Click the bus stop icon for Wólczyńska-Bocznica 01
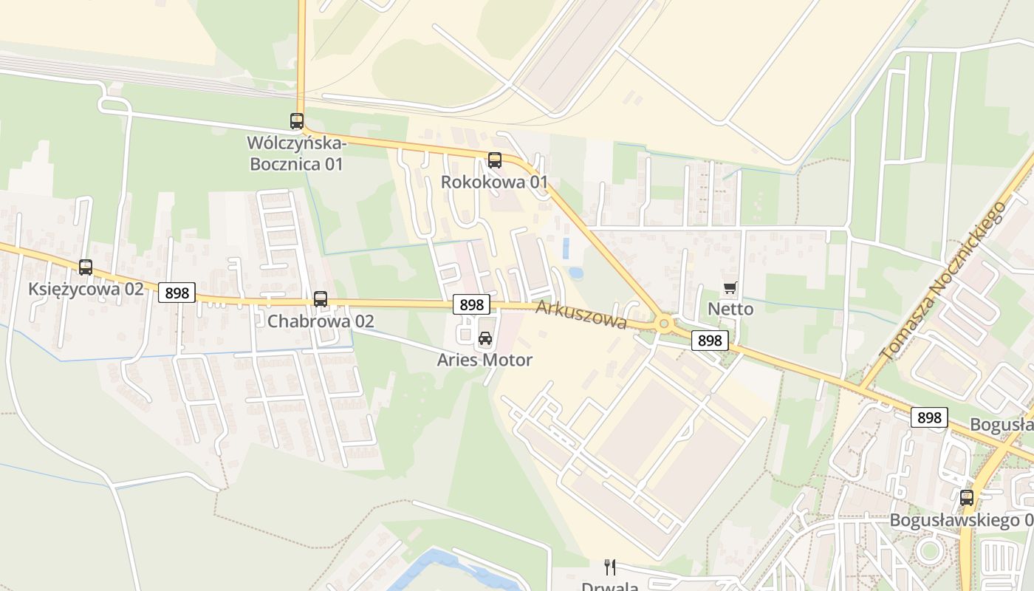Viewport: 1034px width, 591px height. (297, 121)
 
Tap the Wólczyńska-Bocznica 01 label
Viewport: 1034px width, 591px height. (296, 154)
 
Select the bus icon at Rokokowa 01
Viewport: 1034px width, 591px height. (495, 160)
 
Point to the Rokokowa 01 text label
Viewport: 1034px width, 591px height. (494, 182)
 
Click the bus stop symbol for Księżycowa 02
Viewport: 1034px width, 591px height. (86, 267)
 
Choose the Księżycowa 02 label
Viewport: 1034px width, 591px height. (86, 289)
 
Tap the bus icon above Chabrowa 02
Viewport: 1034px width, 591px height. (321, 299)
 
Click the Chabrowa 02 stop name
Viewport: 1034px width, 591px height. (321, 321)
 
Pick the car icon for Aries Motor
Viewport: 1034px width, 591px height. (485, 339)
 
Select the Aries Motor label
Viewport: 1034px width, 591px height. (485, 361)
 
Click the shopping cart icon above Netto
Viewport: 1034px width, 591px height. (730, 287)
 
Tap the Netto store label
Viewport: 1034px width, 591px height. (730, 309)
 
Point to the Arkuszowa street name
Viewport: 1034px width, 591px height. (581, 315)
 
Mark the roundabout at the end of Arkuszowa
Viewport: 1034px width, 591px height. (664, 323)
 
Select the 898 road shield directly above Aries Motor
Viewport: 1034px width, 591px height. (471, 304)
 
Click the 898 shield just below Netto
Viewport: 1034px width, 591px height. (710, 341)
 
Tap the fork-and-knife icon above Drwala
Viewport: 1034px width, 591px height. (610, 567)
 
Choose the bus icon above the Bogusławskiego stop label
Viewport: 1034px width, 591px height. (967, 498)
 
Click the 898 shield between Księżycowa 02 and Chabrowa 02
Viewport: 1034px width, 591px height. (177, 293)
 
